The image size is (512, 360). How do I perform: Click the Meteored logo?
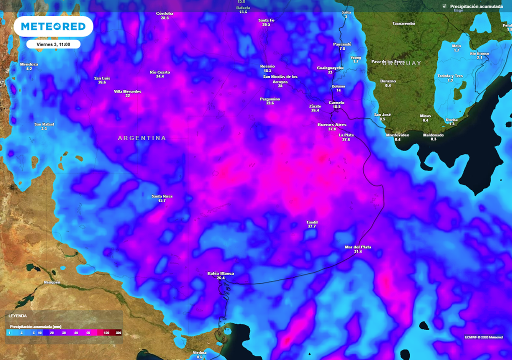click(53, 26)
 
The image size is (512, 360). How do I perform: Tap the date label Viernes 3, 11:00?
click(53, 44)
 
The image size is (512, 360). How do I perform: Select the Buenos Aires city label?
click(332, 124)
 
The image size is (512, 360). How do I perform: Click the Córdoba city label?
click(164, 13)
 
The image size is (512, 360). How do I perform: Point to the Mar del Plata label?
click(358, 247)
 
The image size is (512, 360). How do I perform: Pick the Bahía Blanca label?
click(220, 273)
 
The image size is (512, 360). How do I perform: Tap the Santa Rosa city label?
click(162, 196)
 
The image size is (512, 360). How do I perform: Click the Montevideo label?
click(397, 135)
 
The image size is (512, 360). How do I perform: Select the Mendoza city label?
click(29, 64)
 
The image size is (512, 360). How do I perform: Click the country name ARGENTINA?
click(142, 138)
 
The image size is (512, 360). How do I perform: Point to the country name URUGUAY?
click(402, 63)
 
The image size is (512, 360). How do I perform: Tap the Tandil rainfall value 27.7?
click(312, 226)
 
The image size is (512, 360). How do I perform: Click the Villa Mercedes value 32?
click(127, 95)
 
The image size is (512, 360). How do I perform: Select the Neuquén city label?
click(52, 282)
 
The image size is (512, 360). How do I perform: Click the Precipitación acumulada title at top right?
click(476, 6)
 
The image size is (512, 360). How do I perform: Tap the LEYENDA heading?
click(17, 316)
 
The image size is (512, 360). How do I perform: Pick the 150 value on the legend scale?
click(106, 332)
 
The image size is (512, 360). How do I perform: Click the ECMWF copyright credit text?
click(483, 336)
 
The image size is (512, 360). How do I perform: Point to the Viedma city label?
click(199, 352)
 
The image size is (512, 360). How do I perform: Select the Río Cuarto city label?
click(160, 72)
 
